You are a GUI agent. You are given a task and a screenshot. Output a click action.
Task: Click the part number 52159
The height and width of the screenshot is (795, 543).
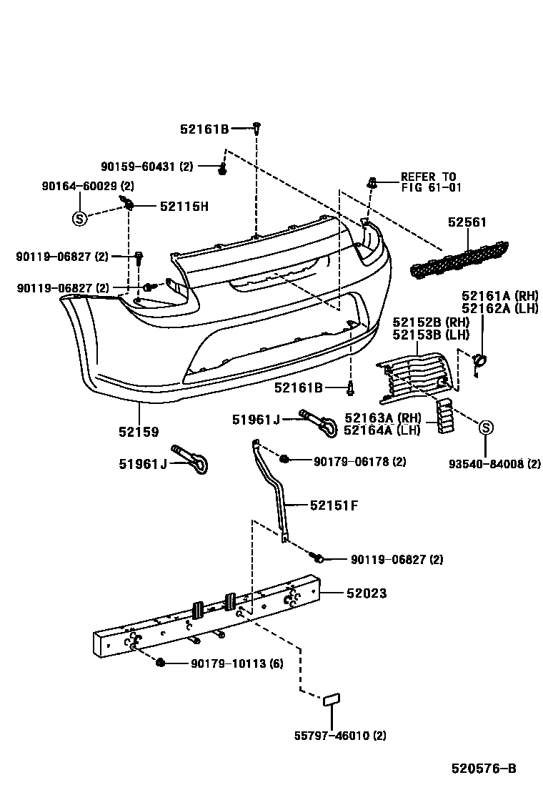coord(139,432)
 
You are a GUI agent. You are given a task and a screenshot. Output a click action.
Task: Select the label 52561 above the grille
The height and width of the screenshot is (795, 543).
coord(467,223)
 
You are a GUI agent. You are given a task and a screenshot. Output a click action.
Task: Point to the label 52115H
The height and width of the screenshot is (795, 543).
coord(184,207)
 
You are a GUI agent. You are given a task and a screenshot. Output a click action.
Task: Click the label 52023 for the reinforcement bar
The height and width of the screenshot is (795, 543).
coord(367,593)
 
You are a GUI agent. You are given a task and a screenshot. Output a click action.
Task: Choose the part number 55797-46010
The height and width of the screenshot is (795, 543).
coord(340,734)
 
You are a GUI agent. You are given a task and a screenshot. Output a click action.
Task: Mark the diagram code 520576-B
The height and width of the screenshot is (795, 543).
coord(483,769)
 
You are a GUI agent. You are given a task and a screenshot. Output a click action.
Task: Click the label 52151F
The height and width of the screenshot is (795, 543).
coord(334,505)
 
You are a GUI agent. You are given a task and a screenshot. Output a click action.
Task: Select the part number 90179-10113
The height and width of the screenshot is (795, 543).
coord(236,663)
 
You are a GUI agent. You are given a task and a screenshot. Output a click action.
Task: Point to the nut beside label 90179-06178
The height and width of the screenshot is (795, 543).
coord(284,458)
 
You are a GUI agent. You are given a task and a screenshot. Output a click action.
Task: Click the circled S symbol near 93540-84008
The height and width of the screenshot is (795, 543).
coord(485,428)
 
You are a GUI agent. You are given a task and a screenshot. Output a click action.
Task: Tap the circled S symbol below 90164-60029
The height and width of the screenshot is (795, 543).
coord(79,218)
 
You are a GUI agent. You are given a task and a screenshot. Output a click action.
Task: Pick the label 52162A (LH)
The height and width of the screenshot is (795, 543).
coord(499,308)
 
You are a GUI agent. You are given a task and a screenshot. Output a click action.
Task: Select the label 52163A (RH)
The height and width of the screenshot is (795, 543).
coord(382,418)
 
